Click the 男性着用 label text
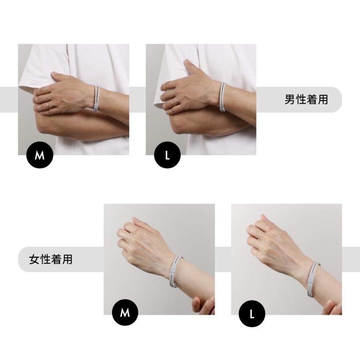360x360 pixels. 306,100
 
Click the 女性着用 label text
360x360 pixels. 51,259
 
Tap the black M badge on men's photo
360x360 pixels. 40,155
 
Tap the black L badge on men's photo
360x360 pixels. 167,155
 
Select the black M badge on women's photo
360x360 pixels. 125,312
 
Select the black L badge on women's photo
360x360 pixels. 252,314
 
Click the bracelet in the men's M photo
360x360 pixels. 96,98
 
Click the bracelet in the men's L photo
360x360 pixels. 223,97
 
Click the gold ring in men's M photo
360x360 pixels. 48,105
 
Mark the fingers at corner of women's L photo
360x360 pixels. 332,308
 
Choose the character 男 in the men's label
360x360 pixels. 290,100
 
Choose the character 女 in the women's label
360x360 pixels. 34,259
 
